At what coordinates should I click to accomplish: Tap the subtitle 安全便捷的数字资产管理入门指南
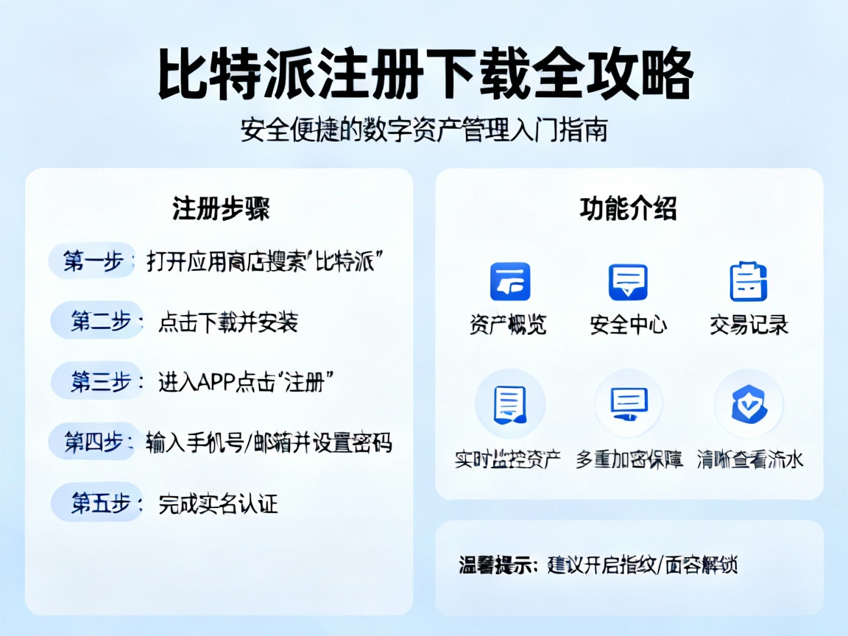point(424,131)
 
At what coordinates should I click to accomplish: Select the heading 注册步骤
point(221,209)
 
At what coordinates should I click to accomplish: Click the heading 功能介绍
point(628,209)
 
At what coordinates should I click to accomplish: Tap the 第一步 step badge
point(93,261)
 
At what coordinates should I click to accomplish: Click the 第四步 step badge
point(94,442)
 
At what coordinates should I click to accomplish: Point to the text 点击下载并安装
point(227,322)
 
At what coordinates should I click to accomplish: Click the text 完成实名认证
point(219,504)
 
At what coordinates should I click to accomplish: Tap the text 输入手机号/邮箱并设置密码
point(269,442)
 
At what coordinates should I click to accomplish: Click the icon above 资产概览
point(510,281)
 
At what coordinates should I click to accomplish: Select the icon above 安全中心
point(628,281)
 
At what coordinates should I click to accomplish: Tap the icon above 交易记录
point(748,281)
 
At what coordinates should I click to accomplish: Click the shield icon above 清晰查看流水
point(749,404)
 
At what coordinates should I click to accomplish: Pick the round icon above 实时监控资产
point(509,404)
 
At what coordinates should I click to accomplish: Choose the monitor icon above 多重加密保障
point(629,404)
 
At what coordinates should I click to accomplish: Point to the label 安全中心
point(628,325)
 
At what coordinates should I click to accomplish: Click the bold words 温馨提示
point(494,565)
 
